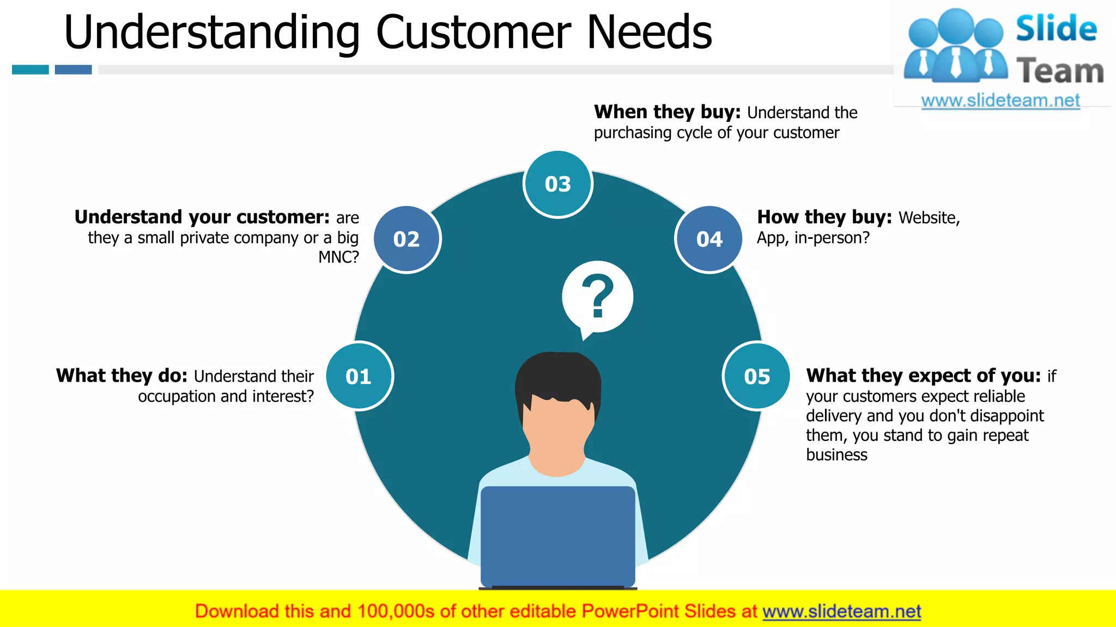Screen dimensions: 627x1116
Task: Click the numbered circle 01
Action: tap(359, 376)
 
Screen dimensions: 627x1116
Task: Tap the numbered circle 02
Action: tap(407, 239)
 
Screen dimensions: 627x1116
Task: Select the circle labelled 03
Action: tap(557, 184)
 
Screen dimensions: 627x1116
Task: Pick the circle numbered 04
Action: tap(709, 239)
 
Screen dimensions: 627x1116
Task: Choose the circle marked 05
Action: tap(757, 376)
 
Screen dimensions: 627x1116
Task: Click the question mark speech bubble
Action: tap(597, 297)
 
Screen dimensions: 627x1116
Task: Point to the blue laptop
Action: tap(557, 536)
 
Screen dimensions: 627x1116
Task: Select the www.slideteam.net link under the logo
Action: tap(1000, 100)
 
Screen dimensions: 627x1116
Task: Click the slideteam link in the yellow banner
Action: tap(841, 611)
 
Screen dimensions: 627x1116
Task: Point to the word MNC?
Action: tap(338, 257)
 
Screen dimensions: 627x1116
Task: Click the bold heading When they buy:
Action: tap(667, 112)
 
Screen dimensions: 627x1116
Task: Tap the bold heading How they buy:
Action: tap(824, 217)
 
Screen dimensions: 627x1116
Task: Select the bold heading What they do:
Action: tap(122, 376)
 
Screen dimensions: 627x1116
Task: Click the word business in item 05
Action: tap(836, 454)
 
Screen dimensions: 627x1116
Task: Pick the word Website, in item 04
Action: tap(929, 217)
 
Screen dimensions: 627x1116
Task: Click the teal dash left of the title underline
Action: tap(31, 70)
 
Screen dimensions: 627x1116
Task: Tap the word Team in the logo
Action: tap(1060, 71)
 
